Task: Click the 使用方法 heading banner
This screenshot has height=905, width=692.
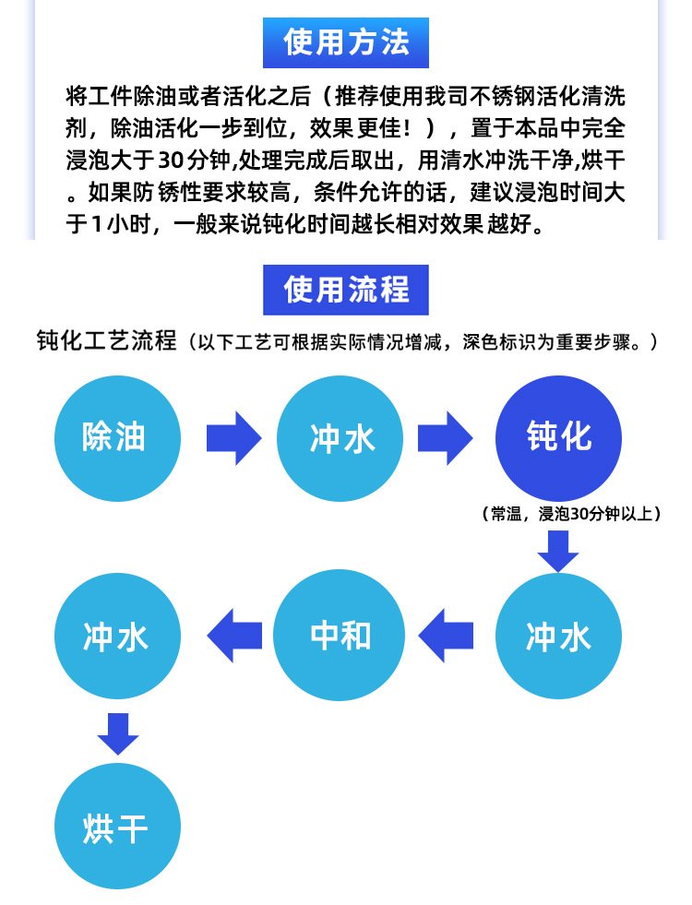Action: click(346, 42)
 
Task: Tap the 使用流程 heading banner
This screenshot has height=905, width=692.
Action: click(346, 290)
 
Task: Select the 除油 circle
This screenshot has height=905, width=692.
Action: click(114, 437)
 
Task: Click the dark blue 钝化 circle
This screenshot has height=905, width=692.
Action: click(558, 437)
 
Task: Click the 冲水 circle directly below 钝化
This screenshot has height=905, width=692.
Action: click(558, 636)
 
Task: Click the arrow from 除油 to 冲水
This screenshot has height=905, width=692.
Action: click(233, 437)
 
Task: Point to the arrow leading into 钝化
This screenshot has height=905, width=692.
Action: click(446, 437)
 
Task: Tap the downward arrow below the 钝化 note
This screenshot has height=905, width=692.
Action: click(558, 551)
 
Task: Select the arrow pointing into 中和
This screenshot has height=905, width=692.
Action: click(446, 636)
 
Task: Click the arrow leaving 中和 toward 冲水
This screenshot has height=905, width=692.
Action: click(233, 636)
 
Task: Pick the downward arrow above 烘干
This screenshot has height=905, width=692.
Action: click(118, 733)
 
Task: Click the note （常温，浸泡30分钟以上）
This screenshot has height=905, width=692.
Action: click(571, 515)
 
